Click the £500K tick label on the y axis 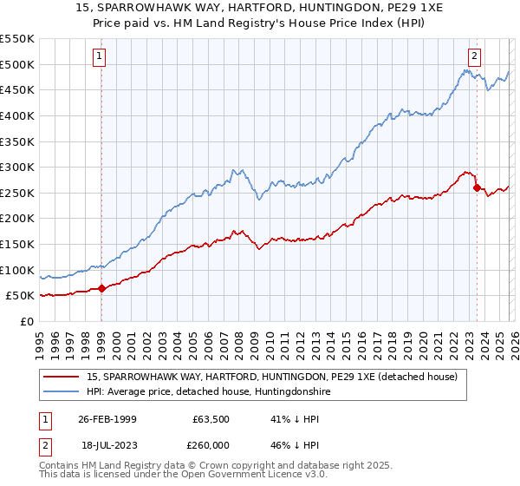click(x=17, y=64)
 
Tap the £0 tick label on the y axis click(x=26, y=322)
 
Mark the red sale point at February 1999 click(x=101, y=289)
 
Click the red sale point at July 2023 click(x=477, y=187)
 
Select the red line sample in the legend click(x=62, y=377)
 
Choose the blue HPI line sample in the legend click(x=62, y=392)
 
